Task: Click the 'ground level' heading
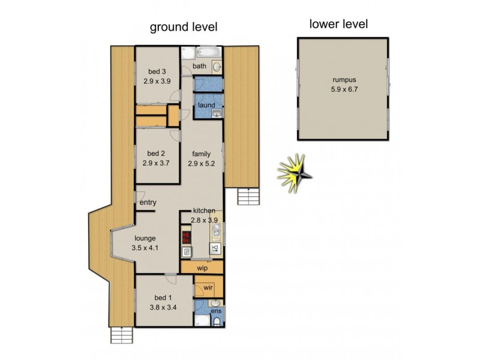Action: [183, 27]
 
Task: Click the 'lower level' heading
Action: [338, 25]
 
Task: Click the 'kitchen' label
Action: [205, 211]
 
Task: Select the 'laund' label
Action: [206, 106]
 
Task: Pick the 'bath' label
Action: [200, 66]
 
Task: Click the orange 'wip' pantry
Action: [202, 268]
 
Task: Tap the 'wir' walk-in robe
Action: [208, 288]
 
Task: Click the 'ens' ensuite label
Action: [215, 312]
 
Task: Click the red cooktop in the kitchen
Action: [185, 235]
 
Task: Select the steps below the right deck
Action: [247, 196]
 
